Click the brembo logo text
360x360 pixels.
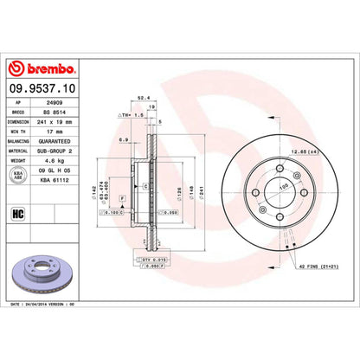click(44, 67)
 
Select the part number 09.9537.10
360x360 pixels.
click(42, 87)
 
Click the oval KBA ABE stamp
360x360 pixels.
click(17, 173)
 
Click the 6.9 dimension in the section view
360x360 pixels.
click(125, 139)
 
